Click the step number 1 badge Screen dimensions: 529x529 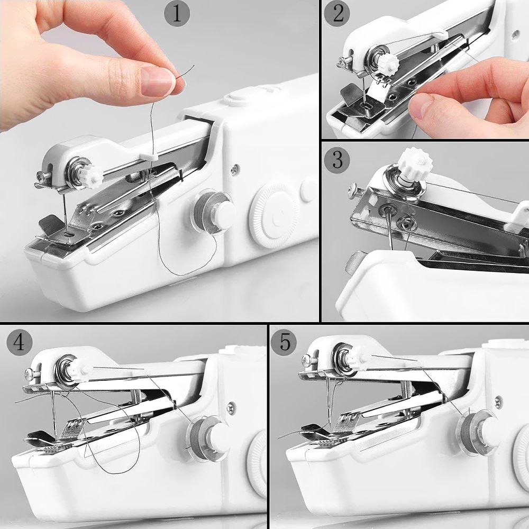click(x=177, y=13)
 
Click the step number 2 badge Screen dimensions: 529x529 click(x=336, y=14)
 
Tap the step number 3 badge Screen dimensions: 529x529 click(x=337, y=159)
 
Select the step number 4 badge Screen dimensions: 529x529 click(x=19, y=343)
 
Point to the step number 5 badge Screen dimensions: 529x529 click(x=285, y=343)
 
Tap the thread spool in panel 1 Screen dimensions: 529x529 click(x=213, y=210)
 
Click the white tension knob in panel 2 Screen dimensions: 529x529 click(x=389, y=62)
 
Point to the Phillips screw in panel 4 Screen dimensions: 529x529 click(x=28, y=375)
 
